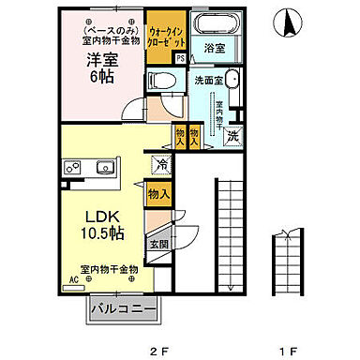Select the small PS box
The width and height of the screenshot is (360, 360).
tap(180, 59)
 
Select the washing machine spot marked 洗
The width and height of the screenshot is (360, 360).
tap(233, 137)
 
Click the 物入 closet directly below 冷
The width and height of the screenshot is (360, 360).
tap(158, 195)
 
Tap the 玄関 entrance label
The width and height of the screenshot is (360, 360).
tap(157, 246)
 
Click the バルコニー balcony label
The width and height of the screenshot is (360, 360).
tap(123, 307)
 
